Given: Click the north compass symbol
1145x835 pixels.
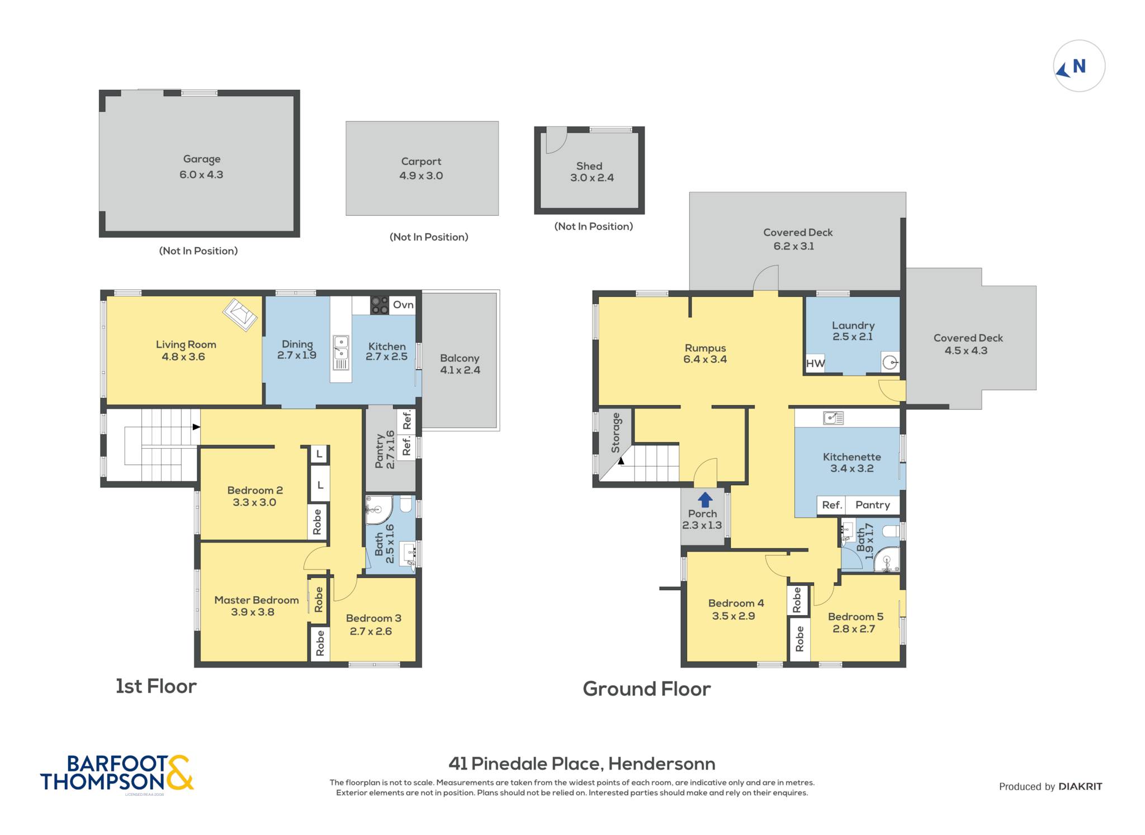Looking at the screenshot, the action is [x=1079, y=66].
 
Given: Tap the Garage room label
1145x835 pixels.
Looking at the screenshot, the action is [x=202, y=159].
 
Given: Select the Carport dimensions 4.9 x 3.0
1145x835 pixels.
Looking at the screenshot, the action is [x=421, y=175].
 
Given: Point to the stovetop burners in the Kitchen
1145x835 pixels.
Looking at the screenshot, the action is [x=379, y=305].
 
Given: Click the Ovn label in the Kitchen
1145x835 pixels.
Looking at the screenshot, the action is [x=403, y=305].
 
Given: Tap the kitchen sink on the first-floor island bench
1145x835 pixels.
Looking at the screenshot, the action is [x=341, y=353].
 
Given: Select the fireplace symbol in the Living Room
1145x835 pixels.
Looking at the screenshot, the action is [x=240, y=315].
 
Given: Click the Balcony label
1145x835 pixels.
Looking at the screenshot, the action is [x=460, y=358].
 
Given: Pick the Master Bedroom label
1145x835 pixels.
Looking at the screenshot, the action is [x=257, y=600].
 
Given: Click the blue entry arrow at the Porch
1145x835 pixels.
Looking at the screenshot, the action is [x=706, y=499].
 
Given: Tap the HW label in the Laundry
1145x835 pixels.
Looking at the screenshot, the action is [x=815, y=364].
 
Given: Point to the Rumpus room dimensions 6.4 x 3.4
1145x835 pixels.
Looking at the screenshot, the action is [x=705, y=359].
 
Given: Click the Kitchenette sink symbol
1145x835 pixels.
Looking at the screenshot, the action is [x=834, y=417].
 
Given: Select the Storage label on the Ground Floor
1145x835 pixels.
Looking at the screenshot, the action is [x=616, y=433].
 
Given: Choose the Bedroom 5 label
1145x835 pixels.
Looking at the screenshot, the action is [x=855, y=616].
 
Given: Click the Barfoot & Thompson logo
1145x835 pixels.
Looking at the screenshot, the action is [x=117, y=773].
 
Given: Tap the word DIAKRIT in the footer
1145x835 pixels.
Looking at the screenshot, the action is [x=1080, y=786].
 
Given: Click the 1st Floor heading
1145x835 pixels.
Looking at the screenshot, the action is [x=156, y=686].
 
